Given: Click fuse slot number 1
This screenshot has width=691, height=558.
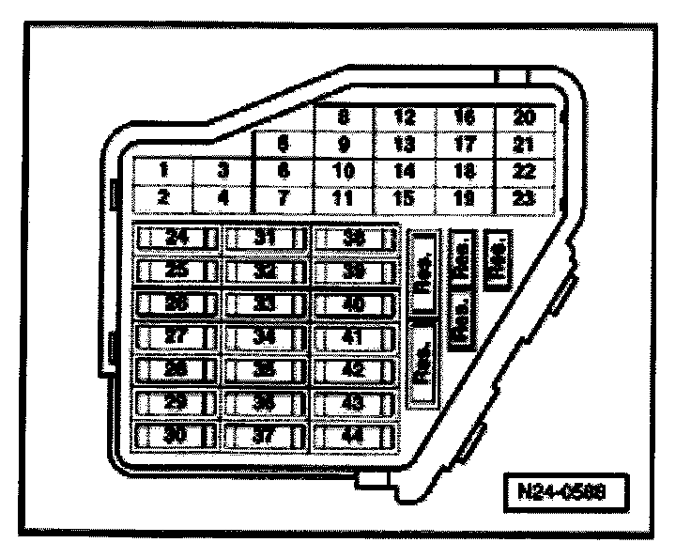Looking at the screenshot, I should pos(163,172).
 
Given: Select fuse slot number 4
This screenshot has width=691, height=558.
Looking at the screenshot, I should pos(223,198).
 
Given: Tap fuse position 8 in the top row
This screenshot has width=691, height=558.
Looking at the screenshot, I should pos(345,119).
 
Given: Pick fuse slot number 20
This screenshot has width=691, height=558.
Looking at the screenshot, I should pos(526,119).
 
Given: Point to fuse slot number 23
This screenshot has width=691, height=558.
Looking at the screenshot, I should pos(526,198).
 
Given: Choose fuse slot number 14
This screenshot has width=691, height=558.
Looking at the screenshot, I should pos(405,172).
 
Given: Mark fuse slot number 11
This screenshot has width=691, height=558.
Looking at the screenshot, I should pos(345,198).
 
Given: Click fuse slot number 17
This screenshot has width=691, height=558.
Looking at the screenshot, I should pos(465,146).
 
